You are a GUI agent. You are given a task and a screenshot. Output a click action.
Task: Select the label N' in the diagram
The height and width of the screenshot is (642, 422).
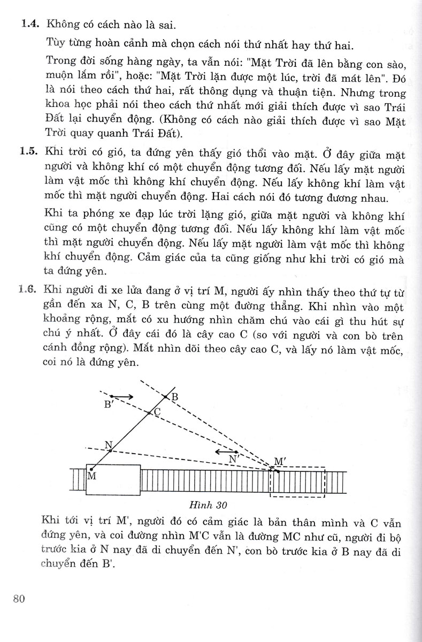233,459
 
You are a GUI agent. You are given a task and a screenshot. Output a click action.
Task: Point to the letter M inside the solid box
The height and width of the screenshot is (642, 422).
91,476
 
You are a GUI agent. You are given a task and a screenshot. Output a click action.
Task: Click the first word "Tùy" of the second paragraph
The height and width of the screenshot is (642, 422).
57,42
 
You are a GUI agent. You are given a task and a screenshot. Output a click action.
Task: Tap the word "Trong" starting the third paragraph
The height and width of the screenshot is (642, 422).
62,59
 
